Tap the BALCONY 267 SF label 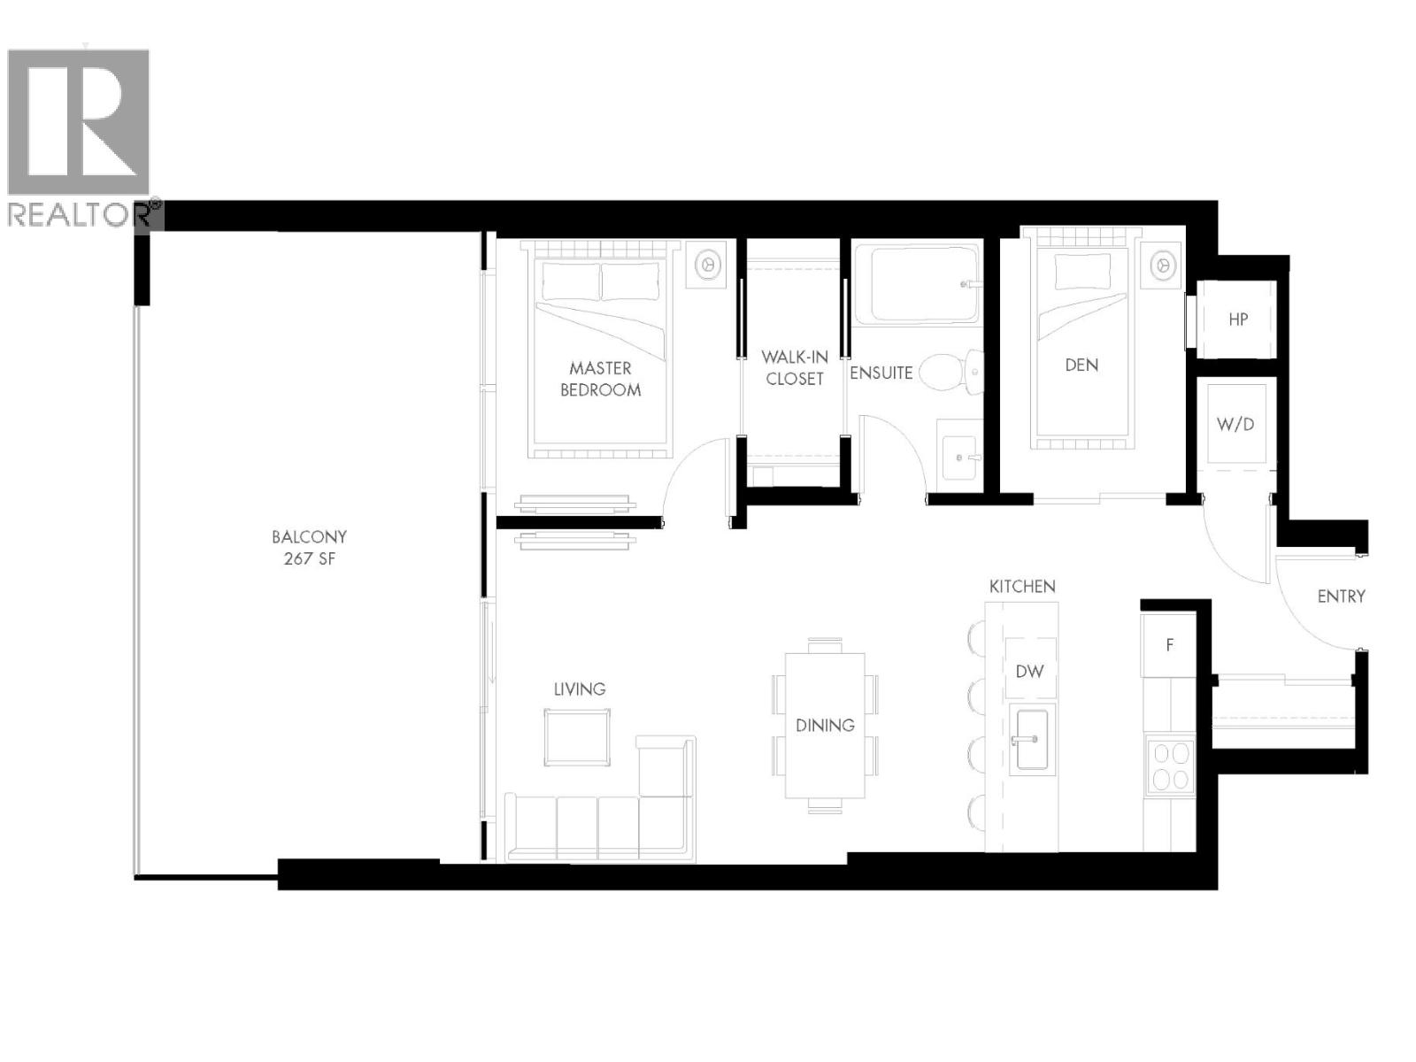point(309,548)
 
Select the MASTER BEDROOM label point(600,379)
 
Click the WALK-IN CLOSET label point(794,368)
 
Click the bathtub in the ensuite point(917,284)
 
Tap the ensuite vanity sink point(959,458)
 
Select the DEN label point(1081,365)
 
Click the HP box point(1237,319)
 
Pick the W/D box point(1235,424)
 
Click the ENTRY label point(1341,596)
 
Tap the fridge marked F point(1169,645)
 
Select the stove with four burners point(1170,766)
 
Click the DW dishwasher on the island point(1029,671)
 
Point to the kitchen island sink point(1031,739)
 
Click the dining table point(825,725)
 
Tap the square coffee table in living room point(577,739)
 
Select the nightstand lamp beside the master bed point(707,264)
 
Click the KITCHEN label point(1022,587)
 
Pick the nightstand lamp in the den point(1162,264)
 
